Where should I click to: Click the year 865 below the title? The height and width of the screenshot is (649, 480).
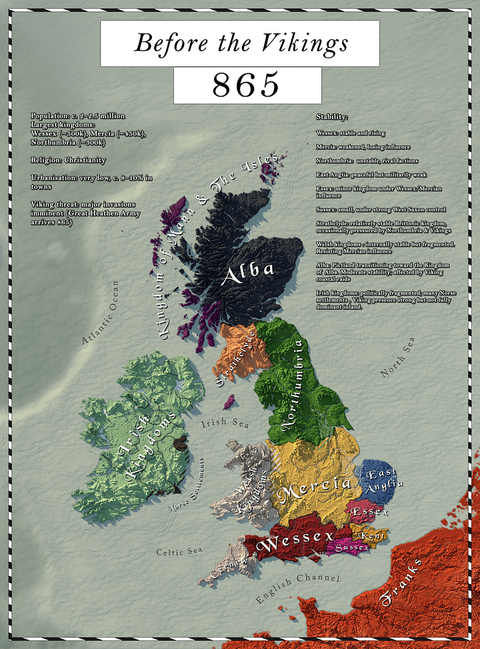pos(246,85)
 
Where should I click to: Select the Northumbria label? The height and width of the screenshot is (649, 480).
pos(293,384)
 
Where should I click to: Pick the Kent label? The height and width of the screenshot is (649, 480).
pos(371,535)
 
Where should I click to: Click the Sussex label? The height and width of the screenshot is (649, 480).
pos(351,547)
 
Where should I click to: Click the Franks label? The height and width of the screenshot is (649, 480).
pos(401,582)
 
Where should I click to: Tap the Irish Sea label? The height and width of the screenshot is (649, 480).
pos(225,423)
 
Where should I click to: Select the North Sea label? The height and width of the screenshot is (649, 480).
pos(397,359)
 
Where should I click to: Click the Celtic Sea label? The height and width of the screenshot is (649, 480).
pos(178,552)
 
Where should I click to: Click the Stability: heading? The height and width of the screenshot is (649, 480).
pos(332,117)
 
